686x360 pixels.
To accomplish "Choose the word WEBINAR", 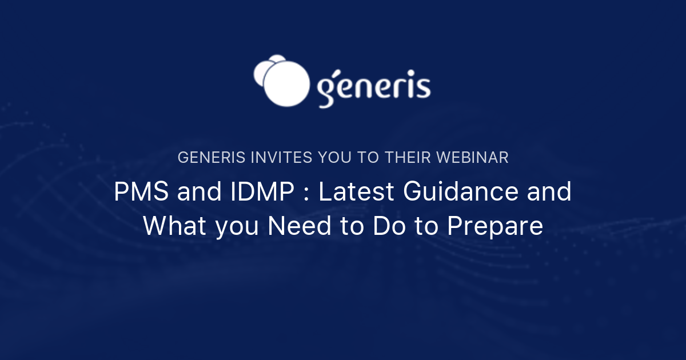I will pos(476,158).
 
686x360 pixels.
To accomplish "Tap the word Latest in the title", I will pos(356,192).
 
